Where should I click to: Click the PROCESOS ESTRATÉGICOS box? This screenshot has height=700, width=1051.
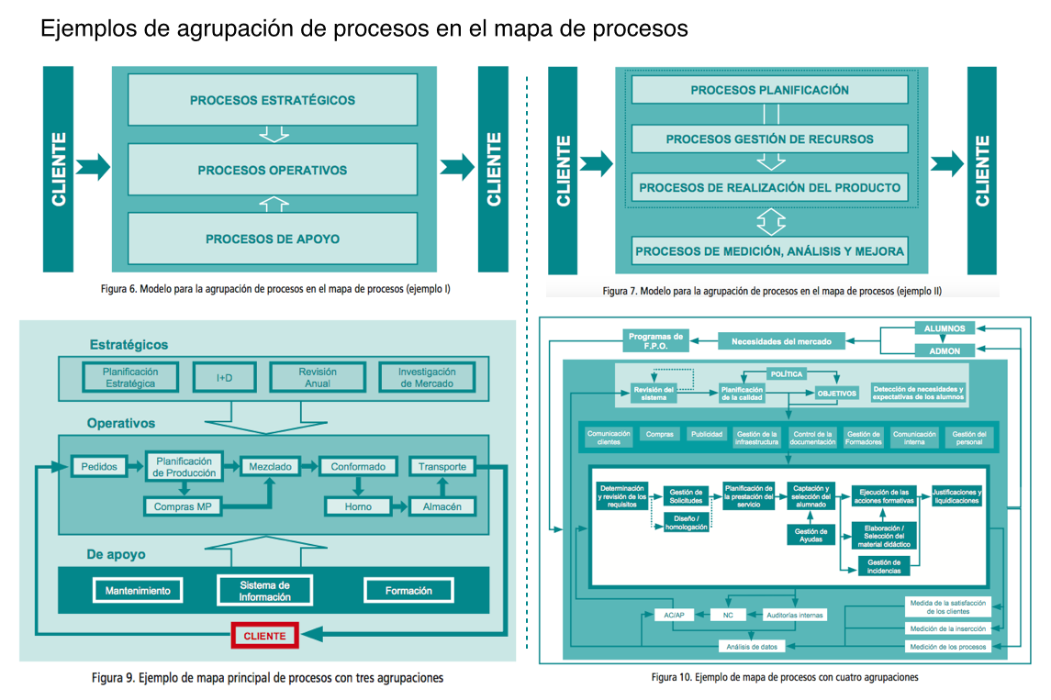(273, 100)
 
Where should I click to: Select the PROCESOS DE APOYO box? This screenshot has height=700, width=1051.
(273, 239)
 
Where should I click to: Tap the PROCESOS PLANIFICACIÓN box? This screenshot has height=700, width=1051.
(769, 90)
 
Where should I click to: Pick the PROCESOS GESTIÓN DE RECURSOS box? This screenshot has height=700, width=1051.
(769, 139)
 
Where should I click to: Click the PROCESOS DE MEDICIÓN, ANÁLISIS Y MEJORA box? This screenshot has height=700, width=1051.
(769, 250)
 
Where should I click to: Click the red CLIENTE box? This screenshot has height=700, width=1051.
(264, 636)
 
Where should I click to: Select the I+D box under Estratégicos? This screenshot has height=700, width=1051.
(224, 377)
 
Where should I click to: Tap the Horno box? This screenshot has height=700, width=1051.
(359, 506)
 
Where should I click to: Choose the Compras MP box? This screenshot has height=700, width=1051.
(183, 506)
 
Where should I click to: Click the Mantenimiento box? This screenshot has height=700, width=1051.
(138, 591)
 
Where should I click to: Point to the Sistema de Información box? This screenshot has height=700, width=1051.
(265, 591)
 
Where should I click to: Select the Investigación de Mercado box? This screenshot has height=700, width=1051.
(427, 377)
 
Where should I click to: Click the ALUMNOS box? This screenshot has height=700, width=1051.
(945, 328)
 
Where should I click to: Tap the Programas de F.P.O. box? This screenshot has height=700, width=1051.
(656, 341)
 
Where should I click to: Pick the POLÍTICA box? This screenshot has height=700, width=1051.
(786, 373)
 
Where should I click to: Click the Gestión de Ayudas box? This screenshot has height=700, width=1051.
(811, 536)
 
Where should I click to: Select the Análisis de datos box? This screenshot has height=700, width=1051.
(752, 647)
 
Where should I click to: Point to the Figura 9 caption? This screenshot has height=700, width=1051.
(267, 678)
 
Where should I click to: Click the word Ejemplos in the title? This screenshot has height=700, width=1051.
(86, 29)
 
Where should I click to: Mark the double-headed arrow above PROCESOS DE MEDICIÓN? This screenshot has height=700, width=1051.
(771, 221)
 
